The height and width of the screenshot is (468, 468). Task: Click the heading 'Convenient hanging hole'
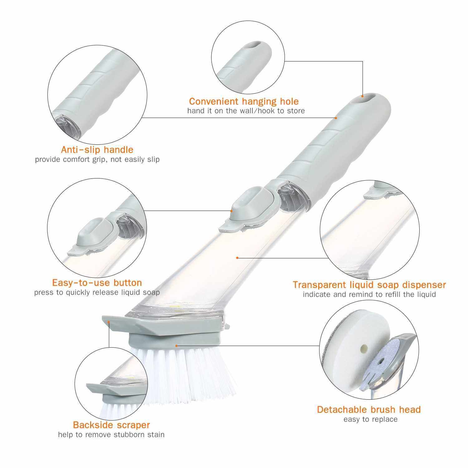coord(244,101)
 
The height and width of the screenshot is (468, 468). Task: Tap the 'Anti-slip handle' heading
coord(97,150)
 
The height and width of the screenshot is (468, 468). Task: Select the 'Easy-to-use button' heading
coord(97,283)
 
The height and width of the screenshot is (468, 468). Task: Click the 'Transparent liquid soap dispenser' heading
coord(369,285)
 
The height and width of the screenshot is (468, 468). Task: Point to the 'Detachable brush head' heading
coord(369,409)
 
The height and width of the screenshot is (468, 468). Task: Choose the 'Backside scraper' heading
coord(111,425)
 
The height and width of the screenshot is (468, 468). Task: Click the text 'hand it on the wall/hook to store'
coord(246,111)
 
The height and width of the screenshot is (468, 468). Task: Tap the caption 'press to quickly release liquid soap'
coord(97,293)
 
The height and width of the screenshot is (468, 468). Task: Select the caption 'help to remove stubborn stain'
coord(111,435)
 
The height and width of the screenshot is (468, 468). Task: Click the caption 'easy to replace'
coord(370,419)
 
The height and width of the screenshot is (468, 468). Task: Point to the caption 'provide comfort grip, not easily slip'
coord(97,159)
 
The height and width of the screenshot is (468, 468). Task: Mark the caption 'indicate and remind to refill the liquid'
coord(369,294)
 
